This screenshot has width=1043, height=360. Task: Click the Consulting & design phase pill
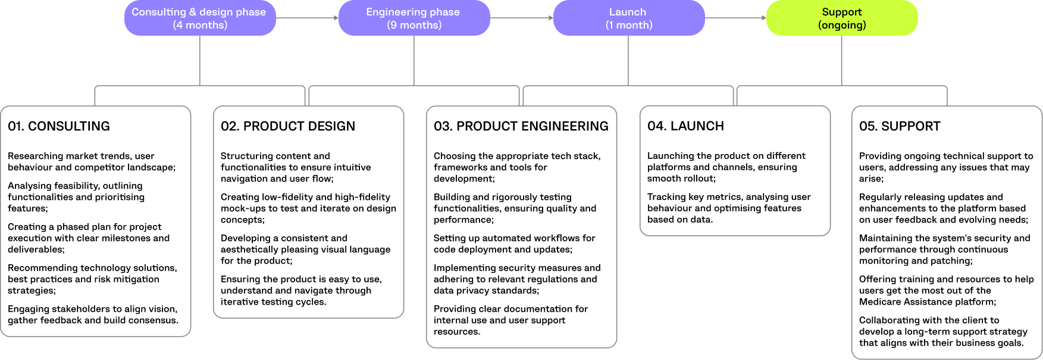click(200, 18)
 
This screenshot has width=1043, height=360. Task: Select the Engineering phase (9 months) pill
click(414, 18)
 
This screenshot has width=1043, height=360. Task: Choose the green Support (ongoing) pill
click(842, 18)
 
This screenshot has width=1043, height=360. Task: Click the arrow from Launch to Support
click(735, 18)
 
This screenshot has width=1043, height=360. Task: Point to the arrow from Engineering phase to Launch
click(521, 18)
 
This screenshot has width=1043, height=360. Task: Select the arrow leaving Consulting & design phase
click(307, 18)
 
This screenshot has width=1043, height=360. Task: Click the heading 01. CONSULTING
click(59, 126)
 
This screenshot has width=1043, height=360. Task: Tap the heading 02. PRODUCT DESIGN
click(288, 126)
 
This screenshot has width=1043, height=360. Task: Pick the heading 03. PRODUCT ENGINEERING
click(521, 126)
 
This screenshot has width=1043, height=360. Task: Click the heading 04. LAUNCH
click(685, 126)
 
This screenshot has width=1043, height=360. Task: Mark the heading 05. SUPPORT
click(900, 126)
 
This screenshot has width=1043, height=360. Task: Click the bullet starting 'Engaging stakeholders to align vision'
click(93, 314)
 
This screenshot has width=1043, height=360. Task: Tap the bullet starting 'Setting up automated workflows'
click(514, 243)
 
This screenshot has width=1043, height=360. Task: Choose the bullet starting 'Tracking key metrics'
click(729, 208)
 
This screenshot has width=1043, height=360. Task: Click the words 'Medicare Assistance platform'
click(926, 302)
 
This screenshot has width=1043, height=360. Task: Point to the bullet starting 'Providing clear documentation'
click(510, 320)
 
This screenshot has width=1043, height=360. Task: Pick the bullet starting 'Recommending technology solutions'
click(92, 279)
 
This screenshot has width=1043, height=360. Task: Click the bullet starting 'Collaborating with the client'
click(943, 331)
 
